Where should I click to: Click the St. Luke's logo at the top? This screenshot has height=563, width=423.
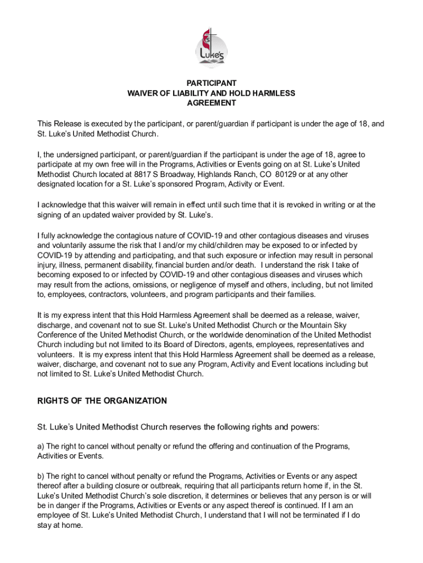point(211,47)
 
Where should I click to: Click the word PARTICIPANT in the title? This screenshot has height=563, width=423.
point(211,84)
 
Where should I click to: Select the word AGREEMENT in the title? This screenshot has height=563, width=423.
point(211,103)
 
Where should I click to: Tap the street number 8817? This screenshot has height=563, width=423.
point(142,174)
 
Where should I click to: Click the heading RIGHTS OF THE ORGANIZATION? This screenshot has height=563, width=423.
point(102,401)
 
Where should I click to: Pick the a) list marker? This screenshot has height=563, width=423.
point(41,446)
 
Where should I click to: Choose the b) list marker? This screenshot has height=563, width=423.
point(41,476)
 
